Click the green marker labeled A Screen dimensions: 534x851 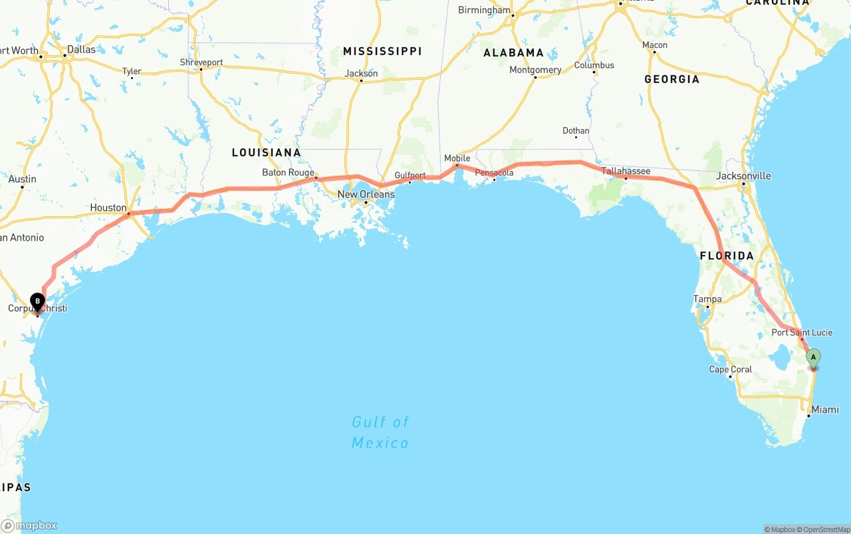point(812,357)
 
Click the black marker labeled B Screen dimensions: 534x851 point(38,301)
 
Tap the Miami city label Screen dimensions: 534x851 point(825,410)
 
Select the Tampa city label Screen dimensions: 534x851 point(707,299)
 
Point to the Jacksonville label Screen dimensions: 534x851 point(743,176)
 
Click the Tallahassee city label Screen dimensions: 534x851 point(626,171)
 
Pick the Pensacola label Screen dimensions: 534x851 point(494,173)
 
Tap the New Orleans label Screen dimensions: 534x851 point(366,194)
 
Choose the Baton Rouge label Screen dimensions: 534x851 point(288,172)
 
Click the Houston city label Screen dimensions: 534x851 point(108,207)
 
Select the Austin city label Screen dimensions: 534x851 point(23,179)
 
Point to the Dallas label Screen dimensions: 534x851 point(81,49)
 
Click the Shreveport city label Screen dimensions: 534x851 point(201,63)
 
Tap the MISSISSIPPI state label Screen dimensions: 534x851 point(382,51)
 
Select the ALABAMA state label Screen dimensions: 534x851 point(513,53)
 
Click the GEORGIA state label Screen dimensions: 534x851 point(671,79)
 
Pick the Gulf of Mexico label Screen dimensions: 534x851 point(380,432)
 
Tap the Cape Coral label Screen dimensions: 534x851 point(731,369)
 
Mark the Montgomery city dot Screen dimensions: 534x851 point(535,77)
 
